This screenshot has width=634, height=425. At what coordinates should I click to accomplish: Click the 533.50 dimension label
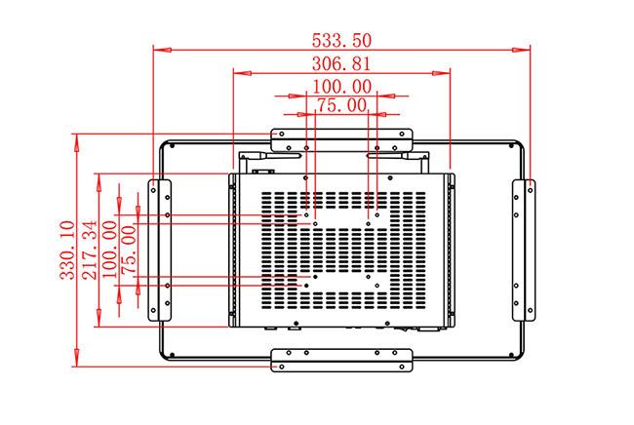coord(341,40)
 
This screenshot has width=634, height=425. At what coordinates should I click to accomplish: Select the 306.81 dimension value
coord(341,63)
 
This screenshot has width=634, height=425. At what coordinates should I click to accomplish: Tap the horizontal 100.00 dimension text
coord(342,87)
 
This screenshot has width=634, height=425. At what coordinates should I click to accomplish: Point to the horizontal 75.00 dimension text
coord(342,105)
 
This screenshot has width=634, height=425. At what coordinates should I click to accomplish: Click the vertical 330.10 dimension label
coord(67,251)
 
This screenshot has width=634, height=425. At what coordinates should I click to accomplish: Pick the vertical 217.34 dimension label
coord(90,251)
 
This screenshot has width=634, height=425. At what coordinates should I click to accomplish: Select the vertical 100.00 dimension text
coord(110,251)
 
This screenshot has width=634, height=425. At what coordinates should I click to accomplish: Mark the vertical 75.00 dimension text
coord(129,251)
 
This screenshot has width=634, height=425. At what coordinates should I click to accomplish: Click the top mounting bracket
coord(341,140)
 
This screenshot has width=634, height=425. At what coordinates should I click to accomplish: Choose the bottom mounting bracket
coord(341,361)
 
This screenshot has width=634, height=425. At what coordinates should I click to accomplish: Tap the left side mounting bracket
coord(160,251)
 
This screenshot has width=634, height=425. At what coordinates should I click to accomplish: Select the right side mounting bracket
coord(524,251)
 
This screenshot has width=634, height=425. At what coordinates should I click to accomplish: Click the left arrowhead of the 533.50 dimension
coord(162,50)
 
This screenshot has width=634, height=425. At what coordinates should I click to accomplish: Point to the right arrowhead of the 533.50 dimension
coord(521,50)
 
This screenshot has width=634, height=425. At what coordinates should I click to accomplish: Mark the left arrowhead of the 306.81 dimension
coord(243,73)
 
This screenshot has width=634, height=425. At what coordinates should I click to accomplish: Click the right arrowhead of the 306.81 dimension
coord(441,73)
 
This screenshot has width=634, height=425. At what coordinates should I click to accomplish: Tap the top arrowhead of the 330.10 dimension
coord(77,142)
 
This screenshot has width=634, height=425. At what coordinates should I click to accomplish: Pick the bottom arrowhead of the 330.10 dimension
coord(77,358)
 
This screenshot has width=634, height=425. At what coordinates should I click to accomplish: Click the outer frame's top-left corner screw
coord(173,145)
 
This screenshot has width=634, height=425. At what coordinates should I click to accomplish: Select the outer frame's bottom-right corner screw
coord(511,355)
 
